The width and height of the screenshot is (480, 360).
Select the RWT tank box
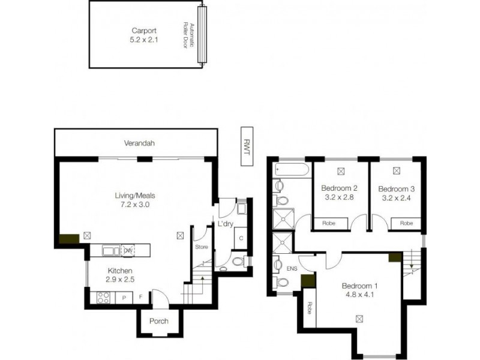coord(245,145)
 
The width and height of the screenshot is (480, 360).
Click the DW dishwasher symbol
coord(127,250)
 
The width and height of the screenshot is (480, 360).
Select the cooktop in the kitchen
coord(103,296)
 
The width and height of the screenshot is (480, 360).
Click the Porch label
coord(159,321)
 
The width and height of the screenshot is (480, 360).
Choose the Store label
coord(201,247)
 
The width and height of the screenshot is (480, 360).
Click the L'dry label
coord(225,224)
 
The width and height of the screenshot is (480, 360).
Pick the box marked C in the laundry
coord(240,238)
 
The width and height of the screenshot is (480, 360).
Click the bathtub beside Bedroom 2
coord(292,170)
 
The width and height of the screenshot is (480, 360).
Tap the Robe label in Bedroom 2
coord(328,223)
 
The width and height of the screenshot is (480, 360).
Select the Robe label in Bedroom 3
coord(406,223)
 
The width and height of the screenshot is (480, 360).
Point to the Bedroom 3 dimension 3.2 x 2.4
coord(397,196)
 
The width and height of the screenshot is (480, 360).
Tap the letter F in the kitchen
coord(140,297)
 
